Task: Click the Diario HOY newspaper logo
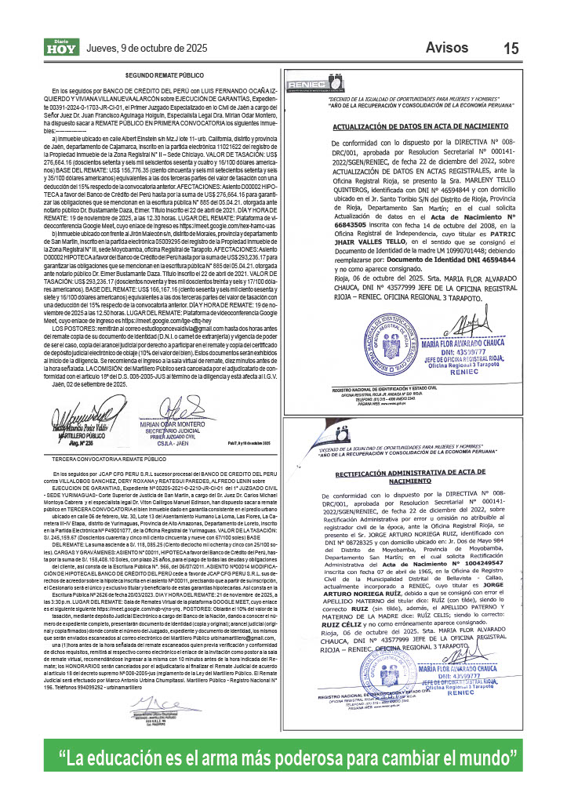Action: (x=60, y=49)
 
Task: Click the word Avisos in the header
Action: (x=447, y=47)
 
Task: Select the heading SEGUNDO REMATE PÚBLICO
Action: (x=165, y=74)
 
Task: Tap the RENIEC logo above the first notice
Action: (x=311, y=82)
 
